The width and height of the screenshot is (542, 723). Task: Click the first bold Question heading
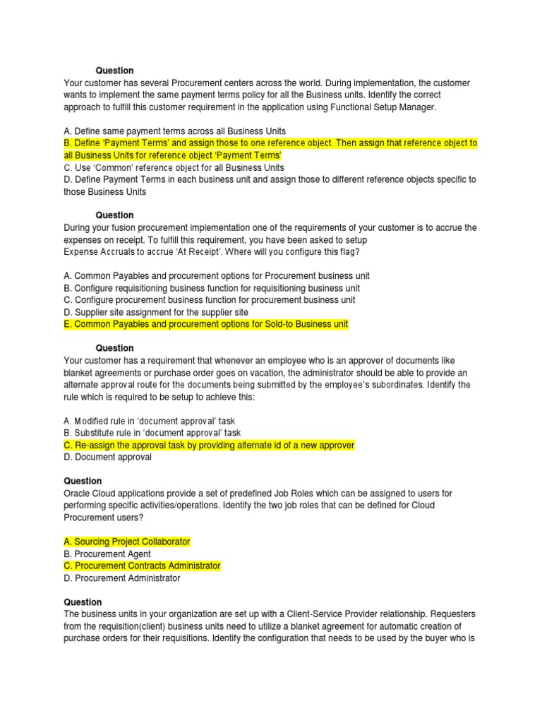pyautogui.click(x=114, y=71)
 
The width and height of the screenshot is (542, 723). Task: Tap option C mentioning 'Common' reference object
pyautogui.click(x=174, y=167)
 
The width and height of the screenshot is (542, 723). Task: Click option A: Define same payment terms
pyautogui.click(x=174, y=131)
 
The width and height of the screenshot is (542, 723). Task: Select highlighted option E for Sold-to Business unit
pyautogui.click(x=205, y=324)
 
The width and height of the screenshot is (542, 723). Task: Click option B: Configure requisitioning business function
pyautogui.click(x=211, y=288)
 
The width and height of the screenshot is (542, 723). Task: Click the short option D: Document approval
pyautogui.click(x=107, y=457)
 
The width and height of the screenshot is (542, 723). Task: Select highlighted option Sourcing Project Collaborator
pyautogui.click(x=127, y=542)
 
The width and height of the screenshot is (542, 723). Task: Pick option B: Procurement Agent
pyautogui.click(x=107, y=554)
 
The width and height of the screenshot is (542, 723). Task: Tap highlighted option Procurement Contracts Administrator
pyautogui.click(x=142, y=566)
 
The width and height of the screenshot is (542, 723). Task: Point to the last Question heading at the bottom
pyautogui.click(x=83, y=602)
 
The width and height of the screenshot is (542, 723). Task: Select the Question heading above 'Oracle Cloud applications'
pyautogui.click(x=83, y=481)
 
